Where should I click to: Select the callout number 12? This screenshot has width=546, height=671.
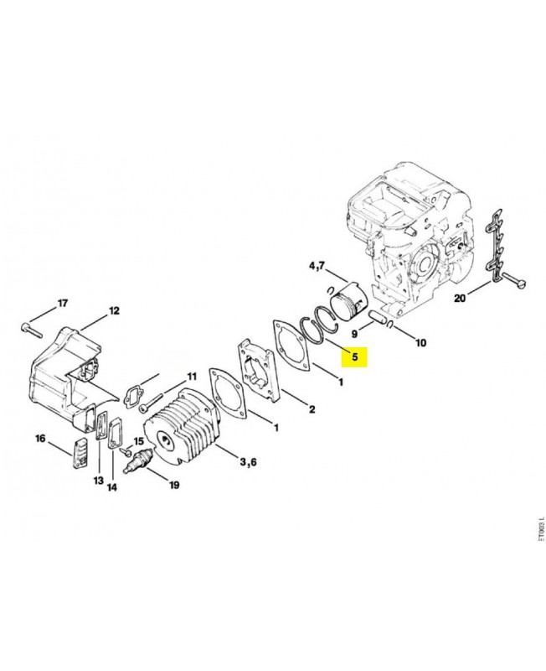click(114, 312)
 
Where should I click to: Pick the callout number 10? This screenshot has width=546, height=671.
click(420, 342)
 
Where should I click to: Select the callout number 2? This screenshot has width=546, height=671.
click(312, 409)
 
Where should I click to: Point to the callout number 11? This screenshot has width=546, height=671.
click(191, 376)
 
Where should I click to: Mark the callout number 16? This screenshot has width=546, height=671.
click(39, 439)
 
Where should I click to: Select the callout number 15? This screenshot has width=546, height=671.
click(139, 441)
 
